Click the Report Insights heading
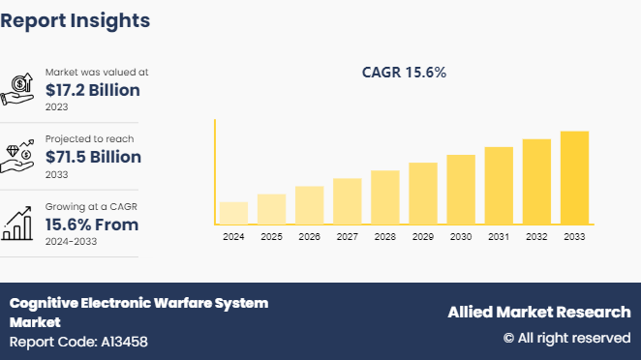pos(76,20)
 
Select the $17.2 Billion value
pos(93,90)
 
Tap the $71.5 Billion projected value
pos(93,157)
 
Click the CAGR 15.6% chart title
pos(404,73)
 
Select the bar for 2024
pos(233,213)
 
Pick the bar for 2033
pos(574,177)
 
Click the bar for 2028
pos(385,197)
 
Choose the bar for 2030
pos(461,190)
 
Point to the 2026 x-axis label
pos(309,237)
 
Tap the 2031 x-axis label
pos(499,237)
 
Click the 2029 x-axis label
pos(423,237)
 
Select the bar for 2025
pos(271,209)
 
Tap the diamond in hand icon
pos(19,156)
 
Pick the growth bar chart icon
pos(19,225)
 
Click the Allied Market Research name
pos(538,312)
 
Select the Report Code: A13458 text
pos(78,342)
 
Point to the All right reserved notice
pos(566,338)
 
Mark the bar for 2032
pos(536,182)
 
